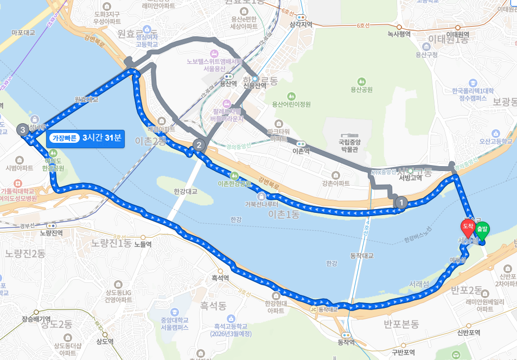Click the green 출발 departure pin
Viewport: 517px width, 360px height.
pos(482,230)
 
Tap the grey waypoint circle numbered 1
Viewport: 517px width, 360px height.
pos(401,203)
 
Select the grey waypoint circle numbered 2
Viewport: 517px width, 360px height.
pos(199,145)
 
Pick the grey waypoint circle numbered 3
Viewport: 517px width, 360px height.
pos(22,130)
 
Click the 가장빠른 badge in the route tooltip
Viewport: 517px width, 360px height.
pos(64,138)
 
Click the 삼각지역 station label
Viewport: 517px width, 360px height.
pos(302,24)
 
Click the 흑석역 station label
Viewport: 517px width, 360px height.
pos(220,277)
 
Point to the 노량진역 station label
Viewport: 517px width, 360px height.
pos(52,232)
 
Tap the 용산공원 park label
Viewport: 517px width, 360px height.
pos(361,89)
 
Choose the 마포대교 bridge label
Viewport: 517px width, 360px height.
pos(23,33)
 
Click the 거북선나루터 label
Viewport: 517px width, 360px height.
pos(261,204)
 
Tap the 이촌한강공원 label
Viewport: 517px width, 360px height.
pos(234,184)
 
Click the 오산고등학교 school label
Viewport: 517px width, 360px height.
pos(495,141)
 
